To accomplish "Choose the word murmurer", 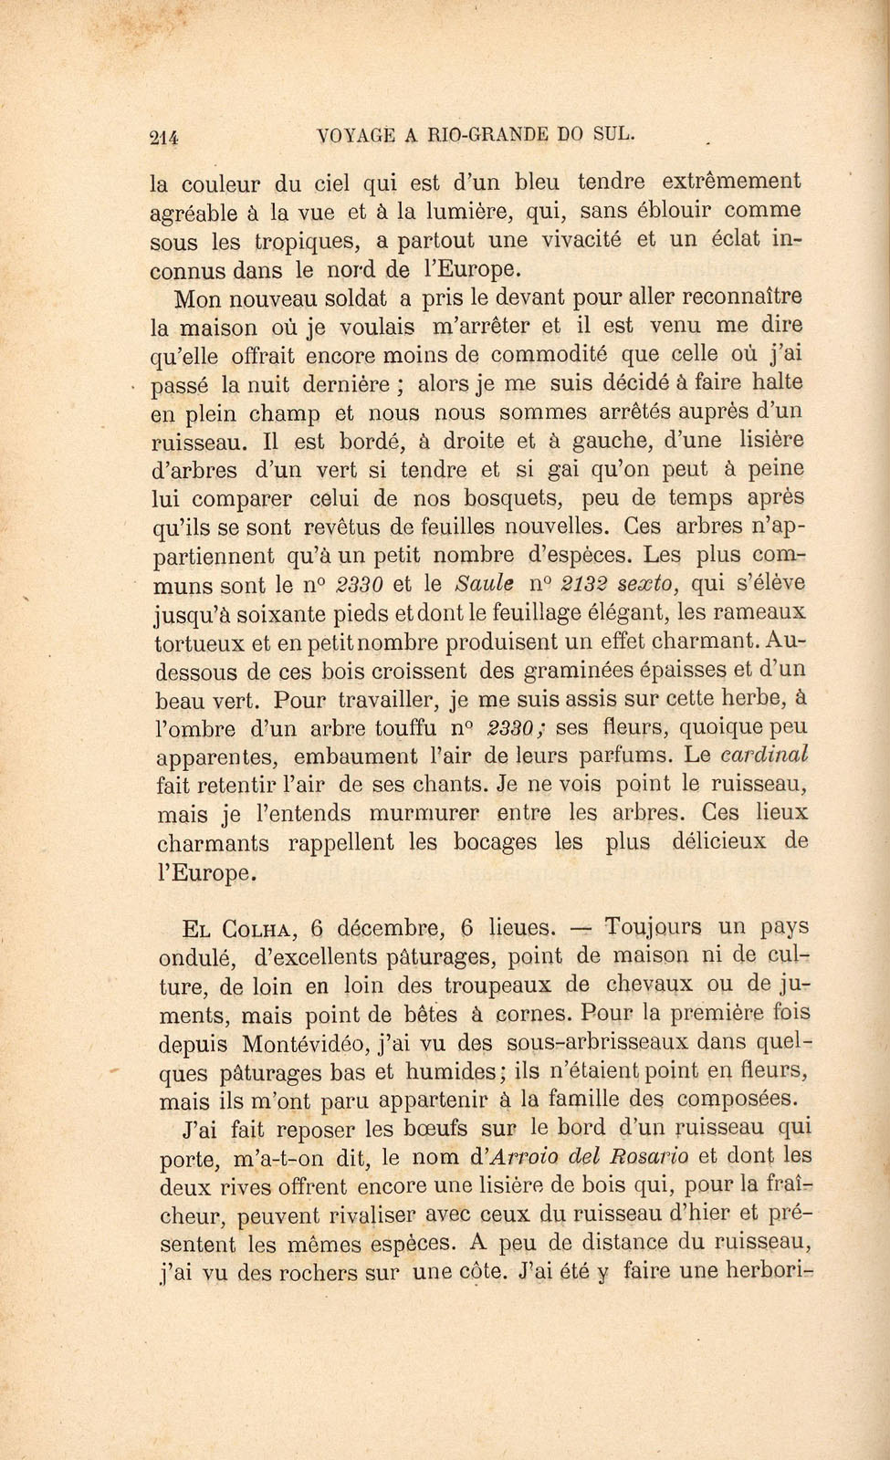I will [x=425, y=813].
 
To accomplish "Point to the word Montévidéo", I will [x=305, y=1042].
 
